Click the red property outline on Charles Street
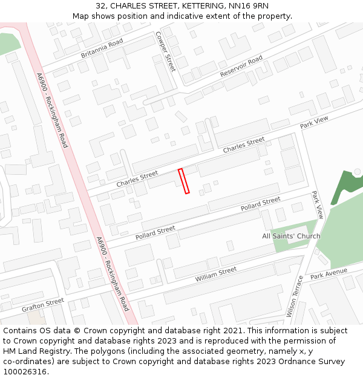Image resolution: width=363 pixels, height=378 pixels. coord(184,181)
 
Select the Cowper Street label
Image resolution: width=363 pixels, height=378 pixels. coord(165,52)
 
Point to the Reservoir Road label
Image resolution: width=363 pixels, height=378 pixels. coord(241,67)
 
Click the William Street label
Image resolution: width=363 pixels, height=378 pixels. coord(216,275)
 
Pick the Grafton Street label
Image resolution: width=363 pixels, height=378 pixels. coord(42,305)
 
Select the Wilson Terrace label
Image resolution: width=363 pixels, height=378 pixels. coord(294,296)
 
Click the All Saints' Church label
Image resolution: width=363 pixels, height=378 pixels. coord(291,236)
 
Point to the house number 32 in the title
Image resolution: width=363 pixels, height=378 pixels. coord(100,6)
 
